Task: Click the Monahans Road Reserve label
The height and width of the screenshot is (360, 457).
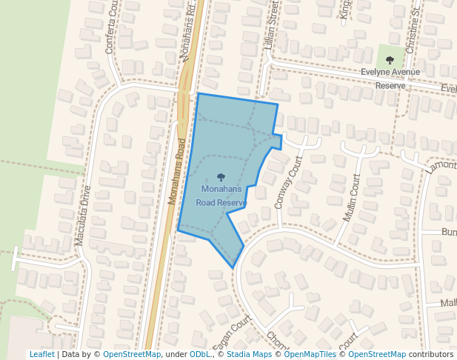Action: pyautogui.click(x=221, y=196)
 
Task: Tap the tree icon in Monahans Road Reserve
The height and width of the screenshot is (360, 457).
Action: pyautogui.click(x=221, y=177)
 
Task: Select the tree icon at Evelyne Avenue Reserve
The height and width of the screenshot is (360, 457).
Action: pyautogui.click(x=390, y=60)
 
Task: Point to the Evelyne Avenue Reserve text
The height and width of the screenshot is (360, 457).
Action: pyautogui.click(x=390, y=79)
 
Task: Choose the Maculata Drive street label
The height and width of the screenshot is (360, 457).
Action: pyautogui.click(x=82, y=216)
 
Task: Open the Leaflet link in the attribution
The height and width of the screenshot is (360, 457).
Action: pyautogui.click(x=41, y=354)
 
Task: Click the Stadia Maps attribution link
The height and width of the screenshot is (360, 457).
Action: pyautogui.click(x=249, y=354)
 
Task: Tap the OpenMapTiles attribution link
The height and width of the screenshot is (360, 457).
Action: pyautogui.click(x=307, y=354)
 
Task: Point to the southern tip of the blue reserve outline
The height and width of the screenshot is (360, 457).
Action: pyautogui.click(x=233, y=267)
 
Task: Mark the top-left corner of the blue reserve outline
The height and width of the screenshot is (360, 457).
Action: pyautogui.click(x=198, y=94)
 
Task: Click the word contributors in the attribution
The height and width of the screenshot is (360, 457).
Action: pyautogui.click(x=431, y=354)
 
